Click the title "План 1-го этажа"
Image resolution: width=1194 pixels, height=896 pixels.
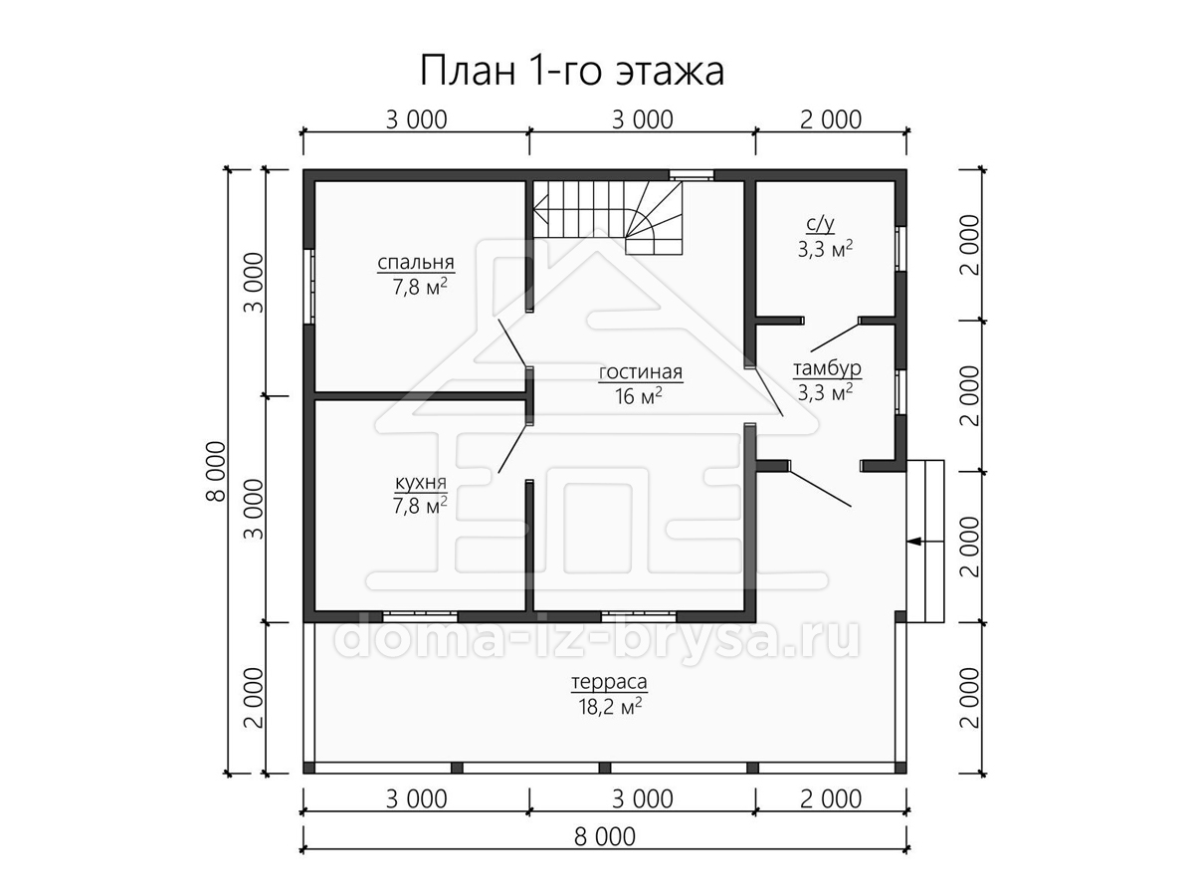coord(572,72)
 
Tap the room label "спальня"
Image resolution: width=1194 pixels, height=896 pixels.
coord(416,262)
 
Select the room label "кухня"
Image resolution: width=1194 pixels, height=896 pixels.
coord(420,482)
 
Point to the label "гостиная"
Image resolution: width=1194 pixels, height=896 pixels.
coord(640,372)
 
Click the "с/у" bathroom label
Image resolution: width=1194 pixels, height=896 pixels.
coord(820,224)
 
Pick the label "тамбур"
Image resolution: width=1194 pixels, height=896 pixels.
coord(827,368)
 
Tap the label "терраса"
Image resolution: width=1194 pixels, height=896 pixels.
coord(609,681)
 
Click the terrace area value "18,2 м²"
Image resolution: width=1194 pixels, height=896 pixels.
coord(610,707)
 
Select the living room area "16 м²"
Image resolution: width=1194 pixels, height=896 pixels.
coord(638,396)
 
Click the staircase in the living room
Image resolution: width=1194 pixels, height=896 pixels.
coord(607,218)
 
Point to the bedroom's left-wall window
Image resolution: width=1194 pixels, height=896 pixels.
coord(309,287)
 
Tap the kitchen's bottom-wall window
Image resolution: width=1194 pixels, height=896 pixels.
coord(420,616)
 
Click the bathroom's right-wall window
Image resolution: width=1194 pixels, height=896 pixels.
coord(900,248)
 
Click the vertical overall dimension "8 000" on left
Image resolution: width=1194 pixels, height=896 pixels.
coord(216,472)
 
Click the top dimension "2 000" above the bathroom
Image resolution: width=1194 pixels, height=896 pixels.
coord(831,119)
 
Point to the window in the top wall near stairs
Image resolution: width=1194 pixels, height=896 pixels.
coord(691,175)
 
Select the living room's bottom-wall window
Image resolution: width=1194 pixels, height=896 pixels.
coord(639,616)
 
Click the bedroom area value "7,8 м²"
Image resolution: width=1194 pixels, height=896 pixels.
coord(420,286)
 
